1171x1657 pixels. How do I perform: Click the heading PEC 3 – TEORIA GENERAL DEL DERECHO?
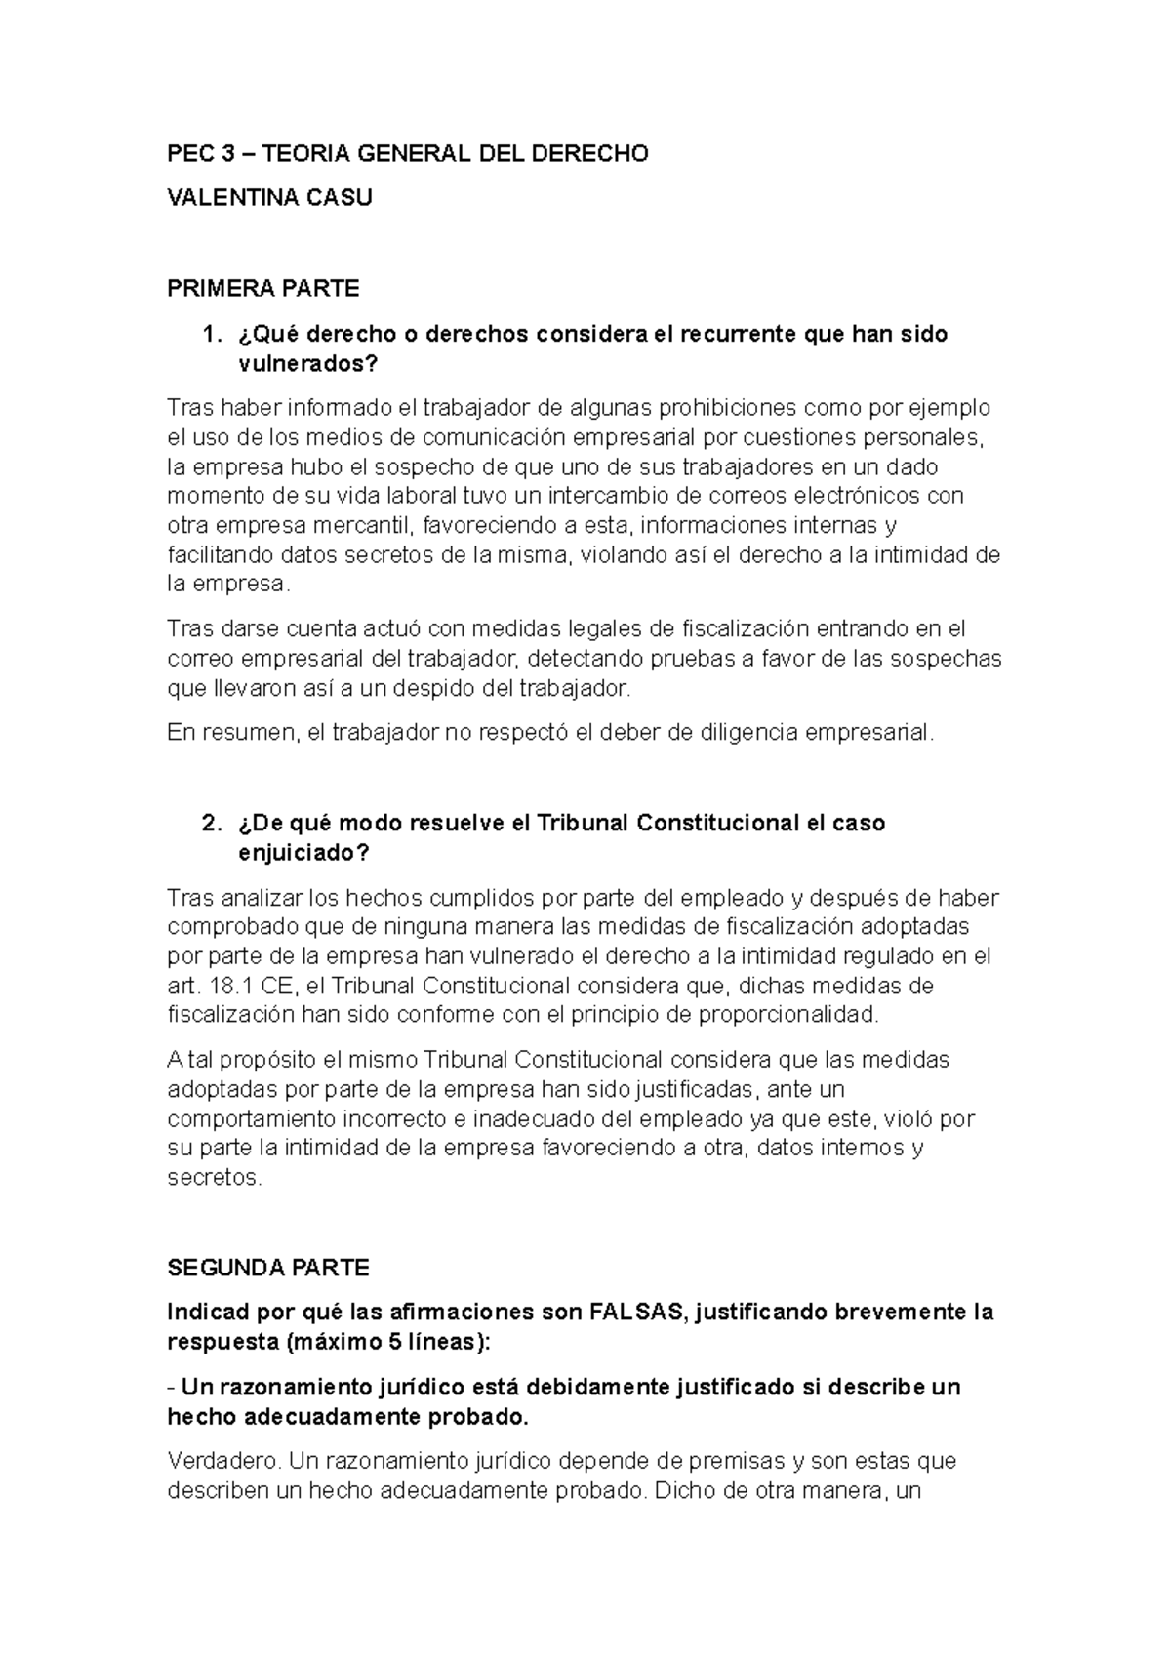pos(407,154)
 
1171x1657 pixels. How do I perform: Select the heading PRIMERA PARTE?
pos(263,289)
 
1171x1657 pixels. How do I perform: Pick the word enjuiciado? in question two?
pos(304,853)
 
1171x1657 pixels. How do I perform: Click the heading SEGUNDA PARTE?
pos(268,1269)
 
